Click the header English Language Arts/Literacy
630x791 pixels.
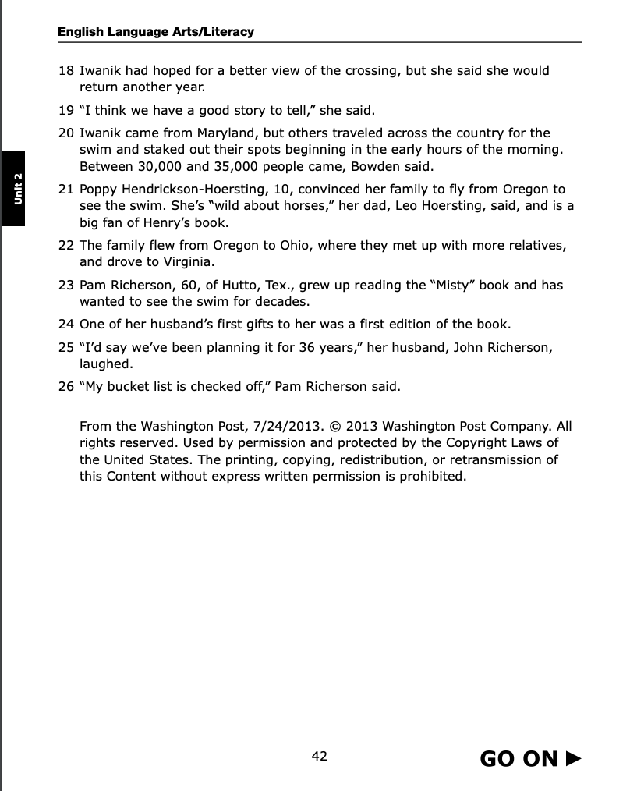tap(156, 32)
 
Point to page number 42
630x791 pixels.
tap(319, 756)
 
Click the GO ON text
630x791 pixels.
tap(519, 758)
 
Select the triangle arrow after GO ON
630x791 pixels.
tap(573, 757)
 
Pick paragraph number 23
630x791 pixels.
tap(66, 285)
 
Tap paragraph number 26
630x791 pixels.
tap(66, 385)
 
